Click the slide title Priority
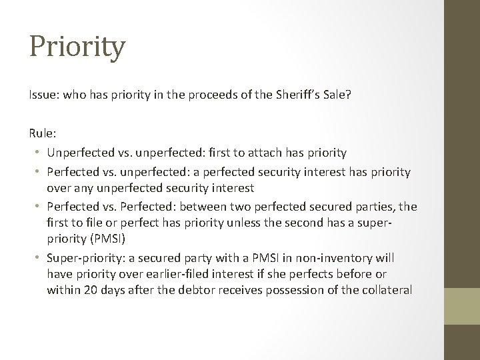point(77,47)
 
